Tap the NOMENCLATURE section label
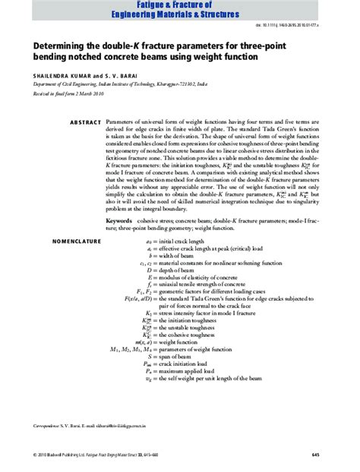click(75, 241)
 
